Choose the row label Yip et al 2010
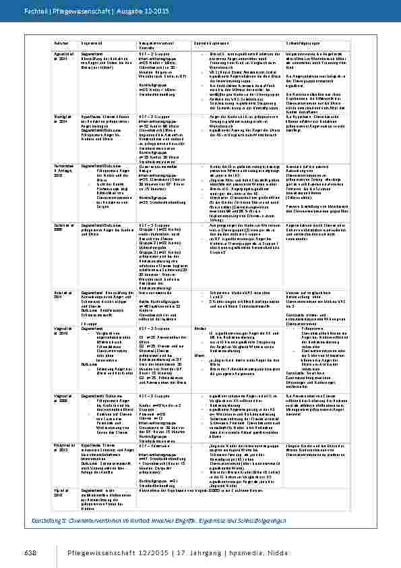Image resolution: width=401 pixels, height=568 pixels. tap(42, 495)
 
